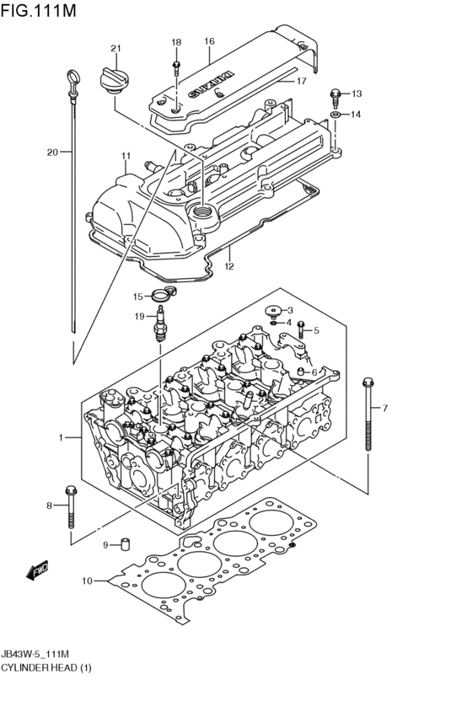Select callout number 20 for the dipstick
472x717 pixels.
52,152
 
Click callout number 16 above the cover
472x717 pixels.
209,40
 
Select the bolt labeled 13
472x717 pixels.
335,94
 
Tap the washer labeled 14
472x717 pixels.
335,114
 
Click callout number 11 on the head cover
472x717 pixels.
126,156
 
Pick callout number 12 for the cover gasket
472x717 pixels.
228,266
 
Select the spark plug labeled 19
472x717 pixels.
158,324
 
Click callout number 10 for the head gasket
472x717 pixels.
87,581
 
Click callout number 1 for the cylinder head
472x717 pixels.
61,437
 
